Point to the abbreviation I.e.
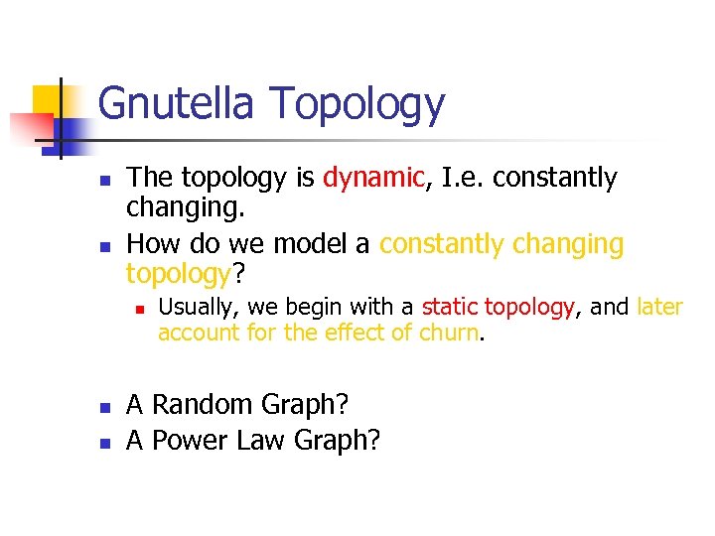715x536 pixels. (460, 178)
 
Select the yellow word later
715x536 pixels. (659, 307)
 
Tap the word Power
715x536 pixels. (192, 439)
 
